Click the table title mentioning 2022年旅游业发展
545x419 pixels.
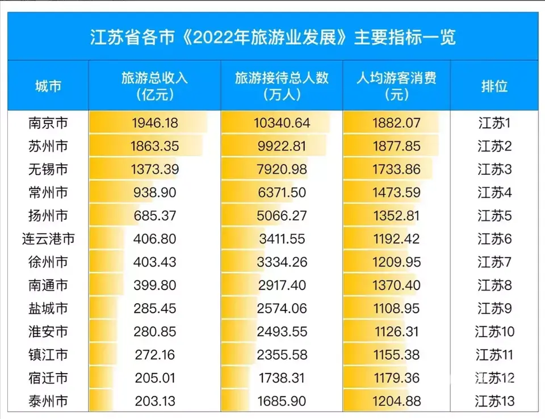click(x=272, y=37)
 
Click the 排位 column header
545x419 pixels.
click(x=494, y=86)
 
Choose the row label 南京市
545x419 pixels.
click(x=48, y=123)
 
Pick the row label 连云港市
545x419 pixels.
click(x=48, y=238)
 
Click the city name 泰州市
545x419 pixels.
click(x=48, y=401)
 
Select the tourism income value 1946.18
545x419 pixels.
click(x=155, y=123)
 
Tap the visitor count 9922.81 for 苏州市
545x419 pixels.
click(x=282, y=146)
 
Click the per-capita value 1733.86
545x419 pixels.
click(x=396, y=169)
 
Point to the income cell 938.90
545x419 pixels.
click(x=155, y=192)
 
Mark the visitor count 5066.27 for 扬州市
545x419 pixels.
click(x=282, y=216)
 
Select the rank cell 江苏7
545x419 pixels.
click(x=494, y=262)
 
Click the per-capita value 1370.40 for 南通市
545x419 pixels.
click(x=396, y=285)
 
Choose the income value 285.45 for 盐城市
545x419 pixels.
click(x=155, y=308)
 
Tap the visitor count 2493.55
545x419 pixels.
click(x=282, y=331)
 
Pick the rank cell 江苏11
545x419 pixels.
click(x=494, y=355)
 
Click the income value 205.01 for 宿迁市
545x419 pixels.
click(x=155, y=378)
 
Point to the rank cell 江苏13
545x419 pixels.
click(x=494, y=401)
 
